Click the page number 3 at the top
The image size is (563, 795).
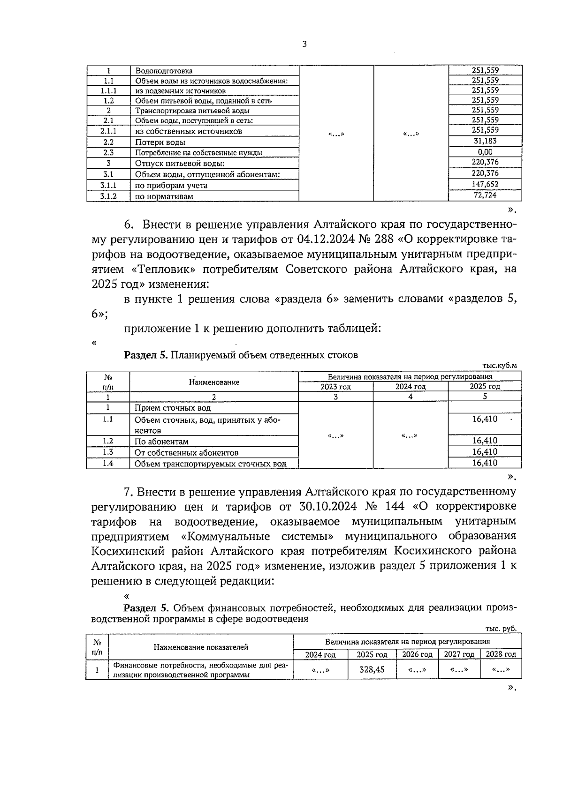point(304,45)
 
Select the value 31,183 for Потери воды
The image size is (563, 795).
point(485,141)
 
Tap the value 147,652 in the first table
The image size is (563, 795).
point(485,184)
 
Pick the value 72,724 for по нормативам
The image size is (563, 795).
point(485,195)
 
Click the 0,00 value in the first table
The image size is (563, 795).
point(485,152)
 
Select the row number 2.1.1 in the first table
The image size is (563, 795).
point(108,131)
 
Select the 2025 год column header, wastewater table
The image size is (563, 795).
point(485,387)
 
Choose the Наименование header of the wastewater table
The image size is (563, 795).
point(214,382)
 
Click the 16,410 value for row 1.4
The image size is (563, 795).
point(485,463)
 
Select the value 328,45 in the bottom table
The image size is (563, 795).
point(372,670)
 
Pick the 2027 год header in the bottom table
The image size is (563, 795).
point(459,654)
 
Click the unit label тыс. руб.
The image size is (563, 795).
point(501,629)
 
